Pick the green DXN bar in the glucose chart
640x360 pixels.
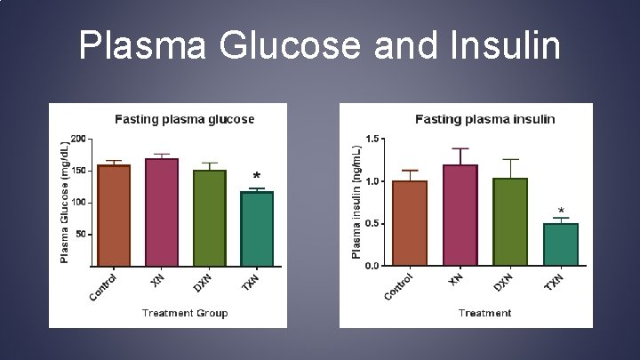(210, 218)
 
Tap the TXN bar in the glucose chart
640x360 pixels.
(257, 228)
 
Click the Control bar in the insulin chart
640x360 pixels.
(410, 223)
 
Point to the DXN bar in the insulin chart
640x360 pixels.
(510, 221)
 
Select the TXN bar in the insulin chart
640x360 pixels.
(561, 244)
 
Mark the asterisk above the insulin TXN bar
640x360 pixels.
(561, 212)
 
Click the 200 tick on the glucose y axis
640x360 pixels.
(79, 139)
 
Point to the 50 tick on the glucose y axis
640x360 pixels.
(82, 235)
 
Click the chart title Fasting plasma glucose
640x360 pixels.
(184, 118)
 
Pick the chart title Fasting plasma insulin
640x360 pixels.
(485, 118)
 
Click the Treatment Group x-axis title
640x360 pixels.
(185, 313)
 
